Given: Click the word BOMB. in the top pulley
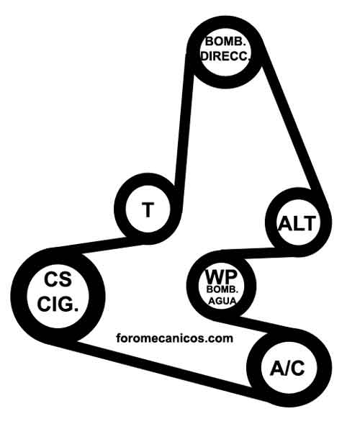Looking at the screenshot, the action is click(225, 42).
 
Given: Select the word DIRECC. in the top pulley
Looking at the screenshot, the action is click(225, 57).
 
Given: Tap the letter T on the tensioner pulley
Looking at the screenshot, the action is click(148, 209).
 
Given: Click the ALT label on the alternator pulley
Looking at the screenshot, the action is click(297, 224).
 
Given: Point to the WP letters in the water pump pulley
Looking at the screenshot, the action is click(221, 276).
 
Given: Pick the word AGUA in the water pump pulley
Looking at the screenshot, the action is click(222, 301).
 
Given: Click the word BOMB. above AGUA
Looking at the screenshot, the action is click(222, 289).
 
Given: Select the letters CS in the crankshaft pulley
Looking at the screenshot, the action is click(58, 279).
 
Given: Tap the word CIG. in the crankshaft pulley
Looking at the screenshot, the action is click(58, 304).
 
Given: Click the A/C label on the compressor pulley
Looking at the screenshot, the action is click(287, 369).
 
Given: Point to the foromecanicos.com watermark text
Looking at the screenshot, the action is click(174, 338).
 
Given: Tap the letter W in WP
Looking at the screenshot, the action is click(215, 276).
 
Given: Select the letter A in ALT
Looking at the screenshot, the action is click(284, 224).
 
